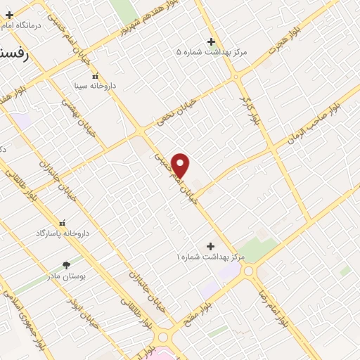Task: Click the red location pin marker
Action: pos(181,166)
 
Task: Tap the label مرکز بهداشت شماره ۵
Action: pos(212,52)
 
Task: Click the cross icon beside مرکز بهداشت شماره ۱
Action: pos(210,246)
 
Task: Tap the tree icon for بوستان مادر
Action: pos(67,265)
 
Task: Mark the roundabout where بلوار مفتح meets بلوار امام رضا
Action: pos(249,271)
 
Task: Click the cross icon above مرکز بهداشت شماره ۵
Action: pos(211,41)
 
